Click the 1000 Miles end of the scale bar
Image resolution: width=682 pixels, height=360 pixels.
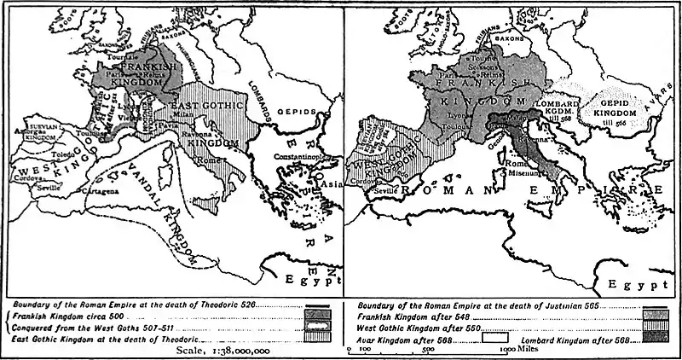(x=511, y=349)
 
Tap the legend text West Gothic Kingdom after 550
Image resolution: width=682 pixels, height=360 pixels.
(x=419, y=327)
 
